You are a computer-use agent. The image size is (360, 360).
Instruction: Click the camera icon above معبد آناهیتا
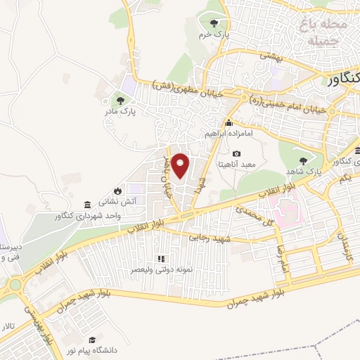point(236,154)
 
